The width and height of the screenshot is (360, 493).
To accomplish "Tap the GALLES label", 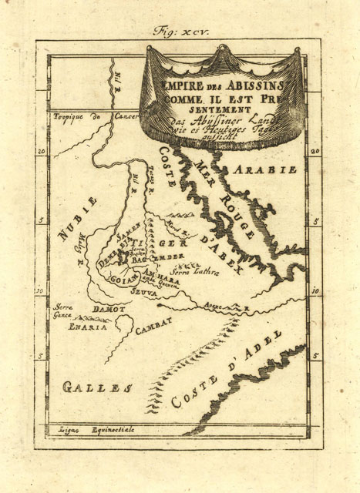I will [x=93, y=387].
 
